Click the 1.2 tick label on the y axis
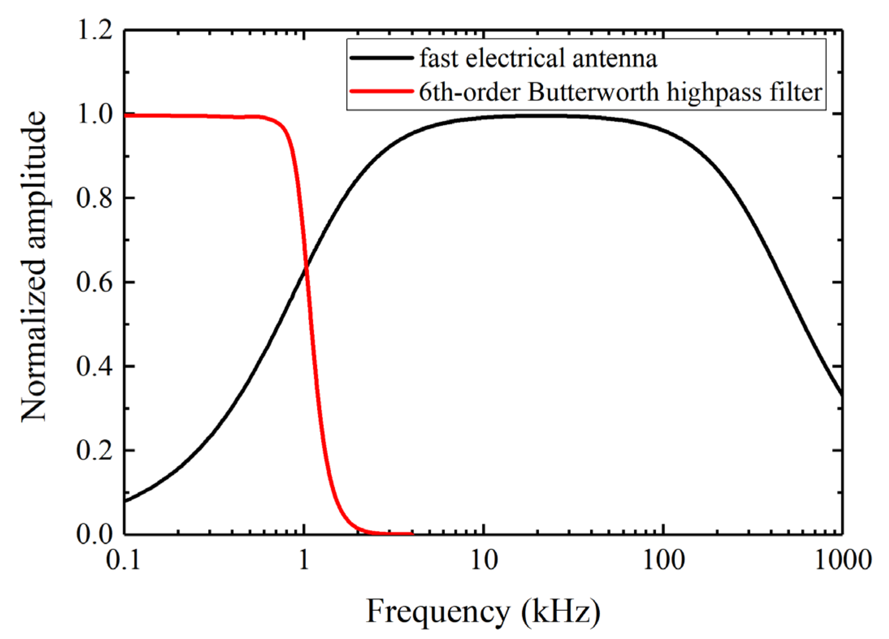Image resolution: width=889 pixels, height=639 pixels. (94, 30)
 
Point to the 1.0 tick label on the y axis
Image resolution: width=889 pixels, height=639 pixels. (94, 114)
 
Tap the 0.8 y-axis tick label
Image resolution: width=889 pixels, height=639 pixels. (94, 198)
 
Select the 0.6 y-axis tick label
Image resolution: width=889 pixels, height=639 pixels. (94, 283)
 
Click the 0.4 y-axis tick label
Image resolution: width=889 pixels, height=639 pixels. (94, 367)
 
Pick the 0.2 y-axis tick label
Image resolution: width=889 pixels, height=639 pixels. (94, 451)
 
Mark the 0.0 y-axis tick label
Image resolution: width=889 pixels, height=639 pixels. (94, 534)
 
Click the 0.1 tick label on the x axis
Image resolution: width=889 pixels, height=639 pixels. (123, 560)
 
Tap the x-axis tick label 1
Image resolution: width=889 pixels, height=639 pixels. (304, 560)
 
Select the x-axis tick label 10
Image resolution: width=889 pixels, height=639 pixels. (484, 560)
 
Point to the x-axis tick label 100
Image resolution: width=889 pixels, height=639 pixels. (663, 560)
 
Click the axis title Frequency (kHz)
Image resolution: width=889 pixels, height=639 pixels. (483, 612)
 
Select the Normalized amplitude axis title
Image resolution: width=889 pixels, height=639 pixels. (34, 266)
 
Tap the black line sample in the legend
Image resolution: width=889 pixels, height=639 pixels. (381, 58)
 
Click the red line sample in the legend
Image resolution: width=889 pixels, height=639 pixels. (381, 91)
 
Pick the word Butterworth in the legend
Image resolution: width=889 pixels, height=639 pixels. (593, 92)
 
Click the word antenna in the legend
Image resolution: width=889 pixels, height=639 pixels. (614, 59)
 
